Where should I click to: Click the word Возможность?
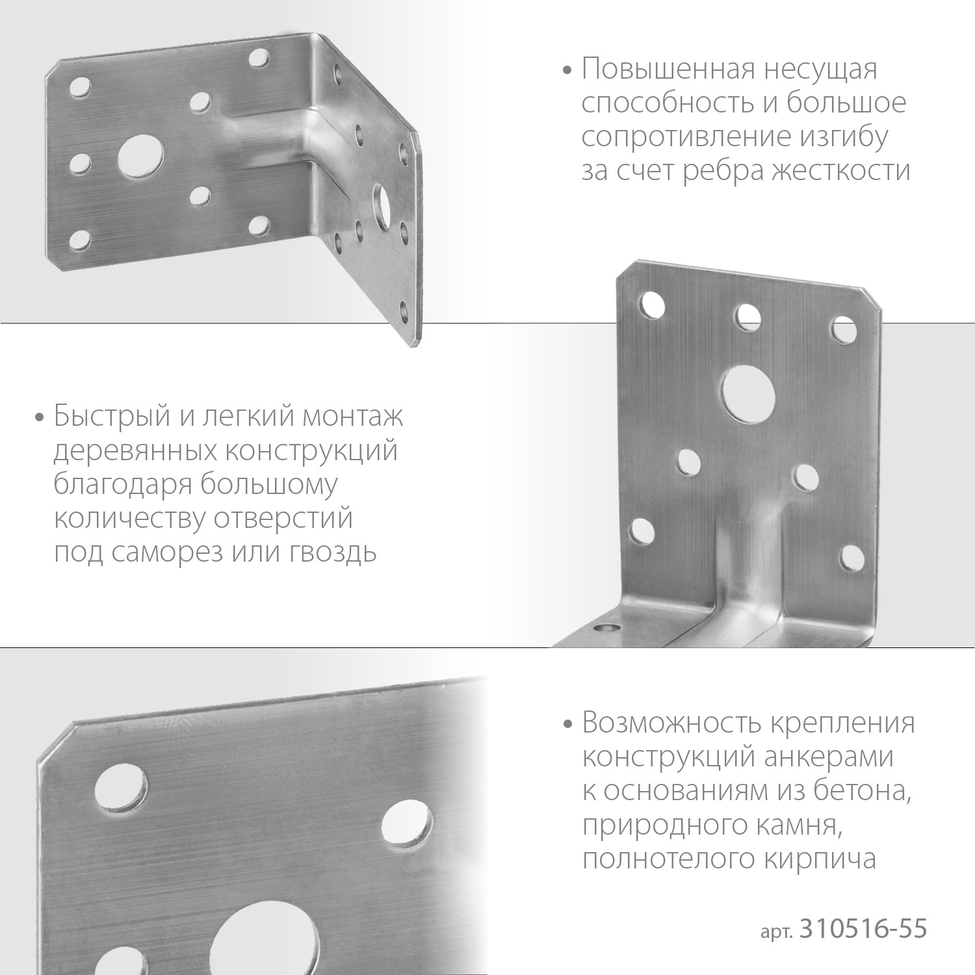(671, 723)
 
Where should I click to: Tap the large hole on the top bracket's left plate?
(140, 156)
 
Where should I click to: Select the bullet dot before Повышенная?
(569, 70)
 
